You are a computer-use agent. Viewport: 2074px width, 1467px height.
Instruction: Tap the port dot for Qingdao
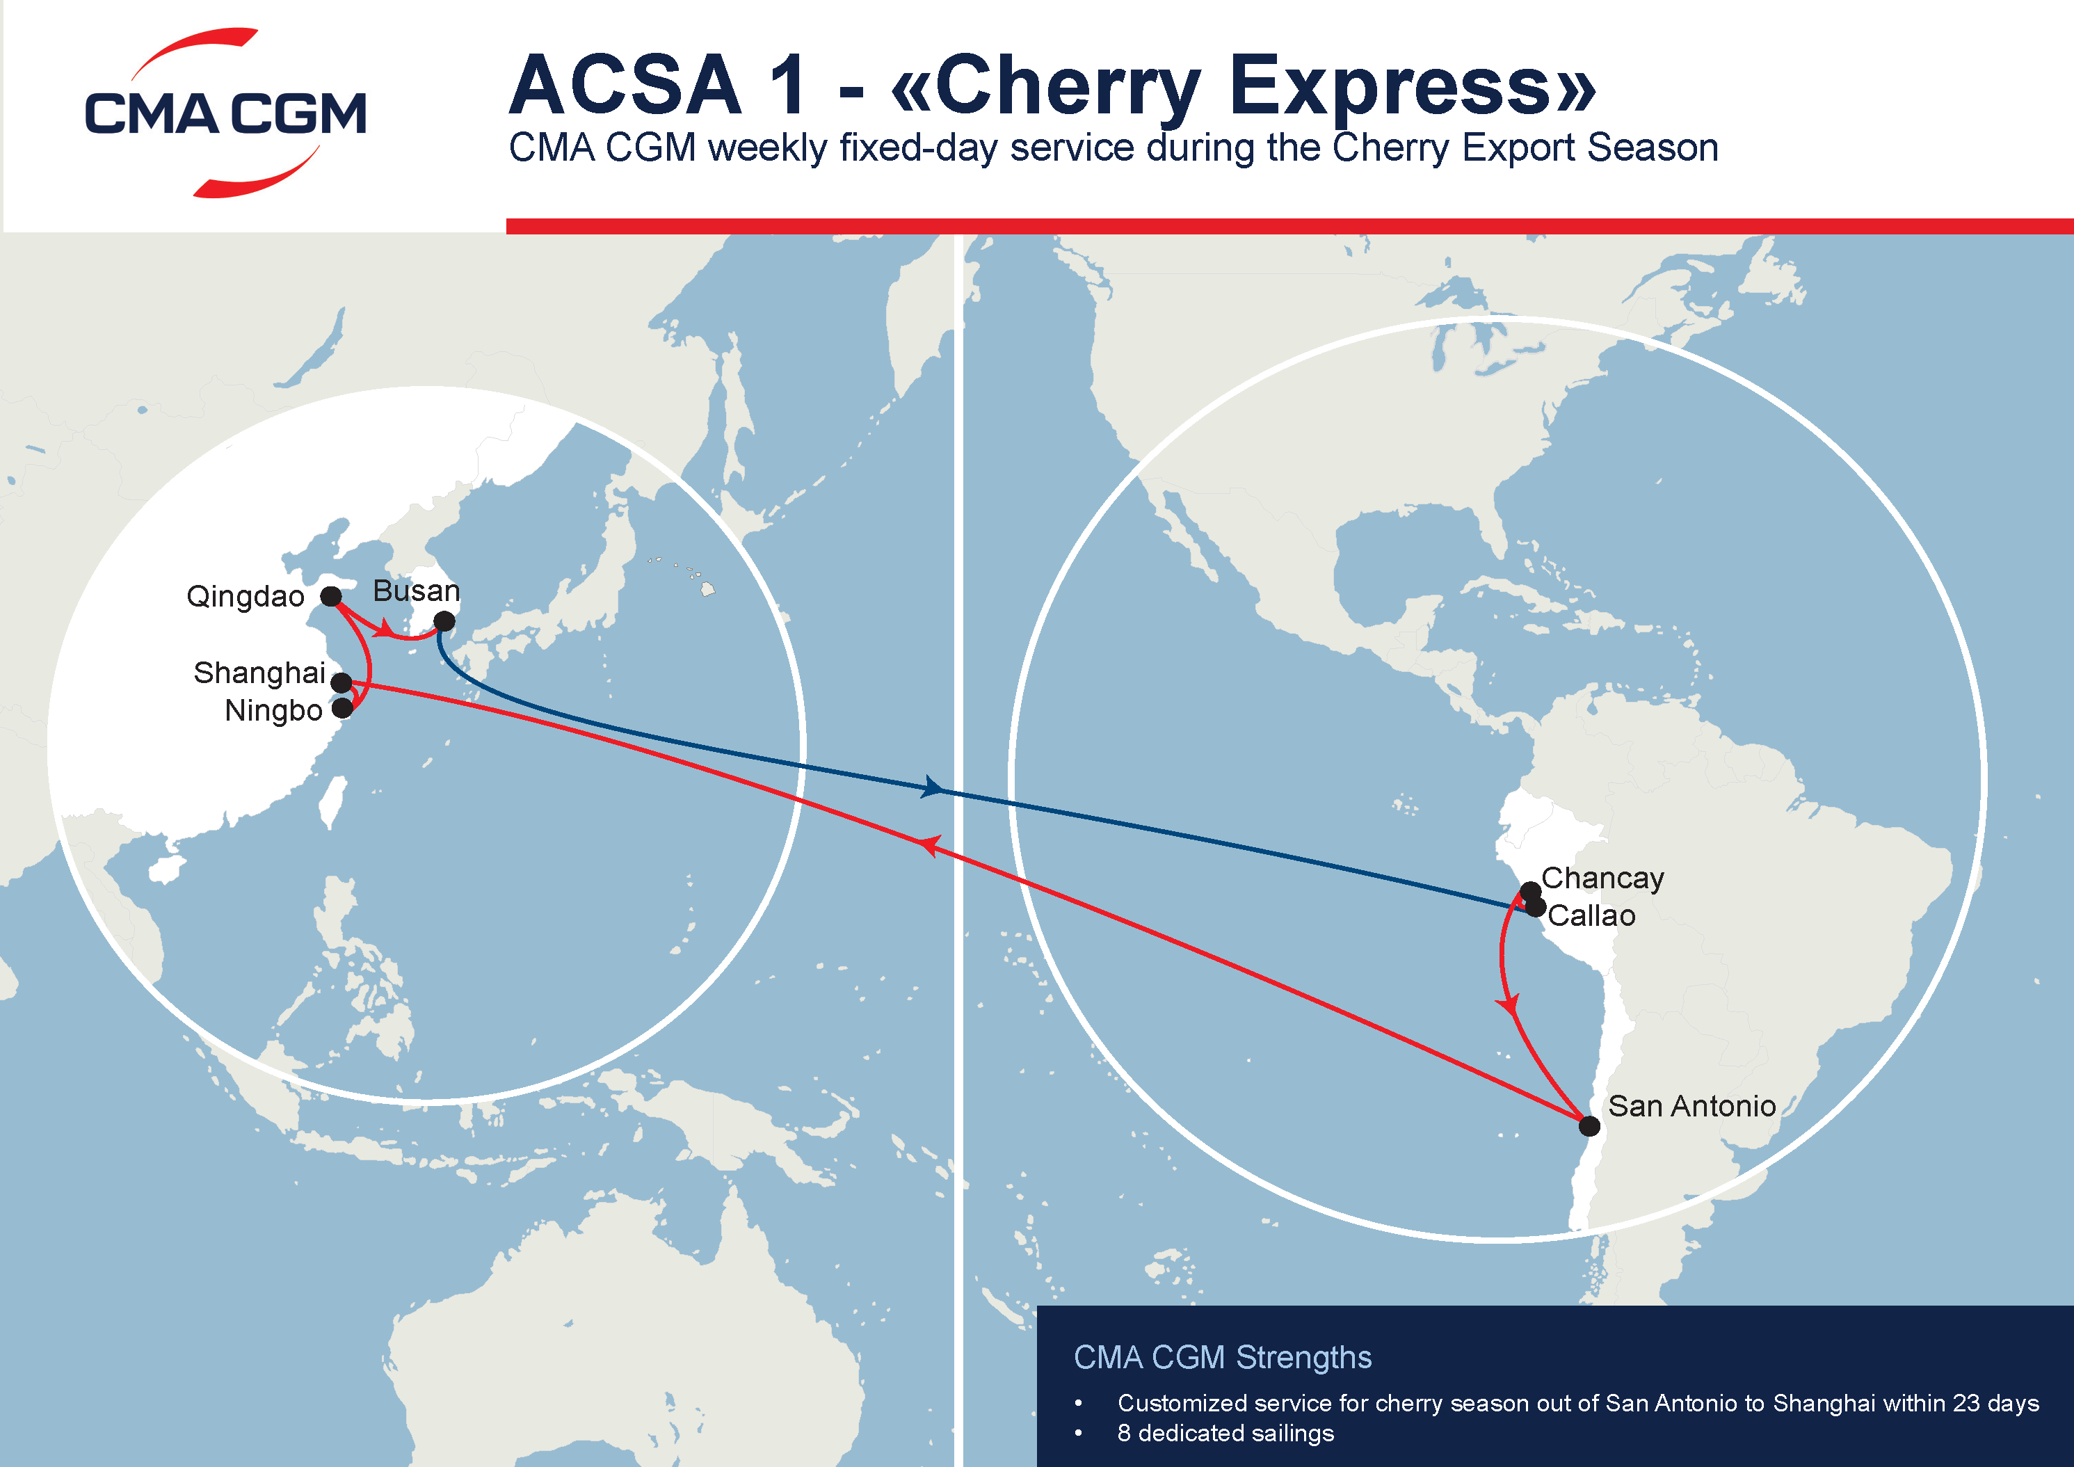[x=332, y=596]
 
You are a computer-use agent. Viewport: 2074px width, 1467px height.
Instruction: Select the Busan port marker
[x=444, y=621]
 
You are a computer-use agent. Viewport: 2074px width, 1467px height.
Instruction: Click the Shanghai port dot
[x=341, y=682]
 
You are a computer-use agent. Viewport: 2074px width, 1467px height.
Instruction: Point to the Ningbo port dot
[x=342, y=707]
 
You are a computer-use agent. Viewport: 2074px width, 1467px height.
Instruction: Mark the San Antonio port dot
[x=1590, y=1125]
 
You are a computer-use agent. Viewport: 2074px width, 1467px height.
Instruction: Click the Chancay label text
[x=1602, y=878]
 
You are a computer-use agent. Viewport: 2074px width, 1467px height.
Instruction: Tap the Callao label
[x=1591, y=916]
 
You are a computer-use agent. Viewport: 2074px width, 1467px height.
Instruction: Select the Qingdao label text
[x=245, y=597]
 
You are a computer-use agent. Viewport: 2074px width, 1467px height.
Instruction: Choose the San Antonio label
[x=1692, y=1106]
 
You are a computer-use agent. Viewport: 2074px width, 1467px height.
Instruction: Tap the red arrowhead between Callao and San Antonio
[x=1509, y=1004]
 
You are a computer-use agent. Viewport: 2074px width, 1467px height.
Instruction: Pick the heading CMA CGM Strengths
[x=1222, y=1358]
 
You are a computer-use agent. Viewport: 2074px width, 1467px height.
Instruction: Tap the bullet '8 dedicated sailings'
[x=1225, y=1434]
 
